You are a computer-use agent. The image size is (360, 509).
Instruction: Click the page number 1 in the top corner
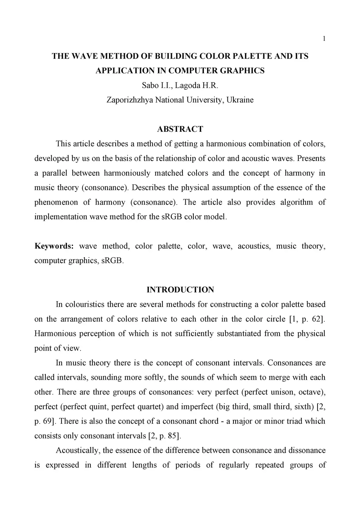point(324,39)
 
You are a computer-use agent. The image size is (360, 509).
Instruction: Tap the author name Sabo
point(150,85)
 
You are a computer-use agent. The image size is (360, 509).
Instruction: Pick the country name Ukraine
point(240,100)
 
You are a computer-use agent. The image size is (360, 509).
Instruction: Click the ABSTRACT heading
point(180,129)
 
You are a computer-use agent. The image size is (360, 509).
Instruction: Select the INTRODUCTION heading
point(180,290)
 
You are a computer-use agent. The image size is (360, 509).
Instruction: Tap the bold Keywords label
point(54,246)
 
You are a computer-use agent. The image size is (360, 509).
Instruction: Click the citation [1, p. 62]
point(307,319)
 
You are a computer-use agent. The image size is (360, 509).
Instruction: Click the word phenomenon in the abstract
point(56,202)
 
